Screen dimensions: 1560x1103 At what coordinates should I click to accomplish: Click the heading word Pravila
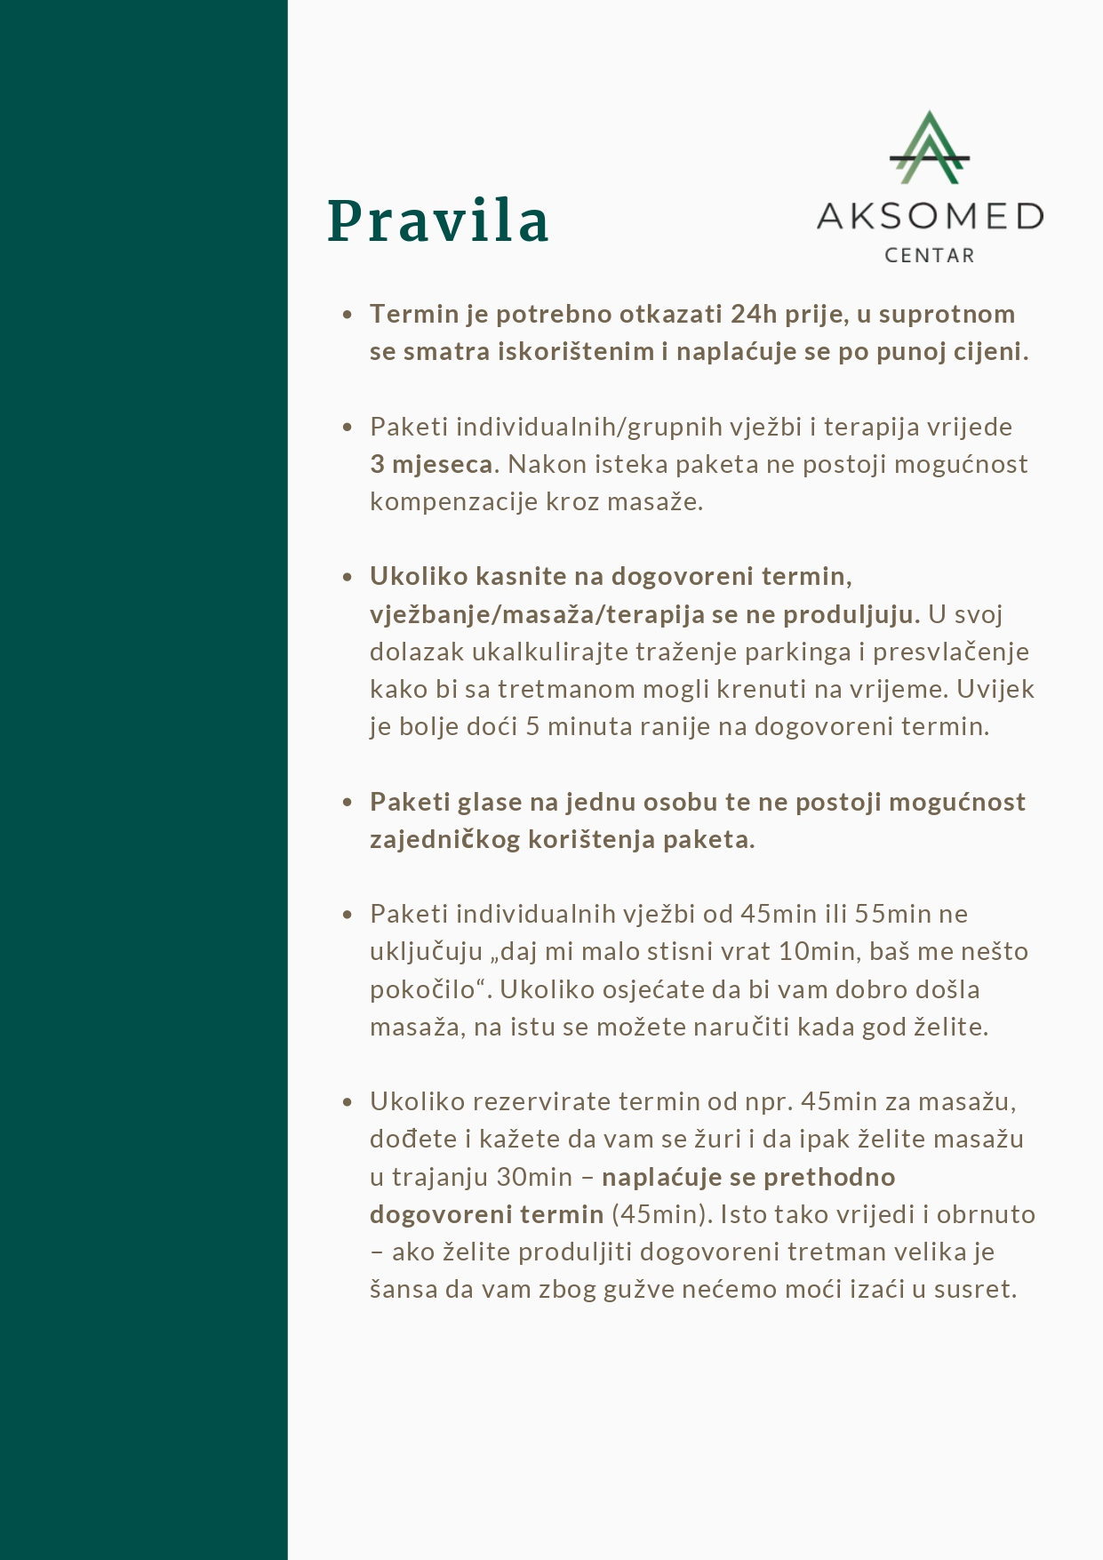coord(438,221)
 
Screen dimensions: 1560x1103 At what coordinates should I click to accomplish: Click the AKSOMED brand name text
coord(929,216)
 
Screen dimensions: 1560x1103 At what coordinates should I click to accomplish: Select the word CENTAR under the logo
coord(929,256)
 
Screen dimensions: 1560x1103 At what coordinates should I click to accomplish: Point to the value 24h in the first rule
coord(754,314)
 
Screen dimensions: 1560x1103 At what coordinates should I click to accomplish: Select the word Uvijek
coord(995,689)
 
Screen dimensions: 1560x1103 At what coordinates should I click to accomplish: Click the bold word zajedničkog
coord(444,839)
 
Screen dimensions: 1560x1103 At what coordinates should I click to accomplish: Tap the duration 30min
coord(534,1177)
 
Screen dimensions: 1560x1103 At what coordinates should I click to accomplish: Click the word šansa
coord(404,1290)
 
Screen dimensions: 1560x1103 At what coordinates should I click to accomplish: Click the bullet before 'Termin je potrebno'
coord(348,315)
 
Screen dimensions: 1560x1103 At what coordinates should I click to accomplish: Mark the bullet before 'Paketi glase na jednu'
coord(348,803)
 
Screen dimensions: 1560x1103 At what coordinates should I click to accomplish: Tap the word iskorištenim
coord(576,352)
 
